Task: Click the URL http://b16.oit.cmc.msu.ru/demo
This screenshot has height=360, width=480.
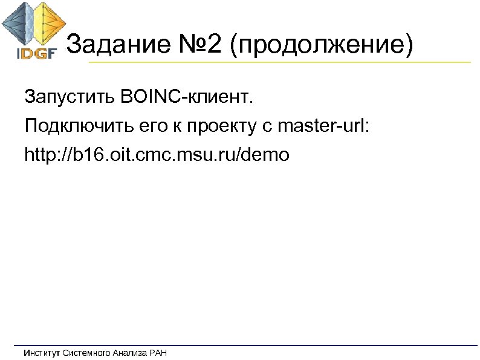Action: [x=157, y=155]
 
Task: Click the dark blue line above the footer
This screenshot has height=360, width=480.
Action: [x=242, y=345]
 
